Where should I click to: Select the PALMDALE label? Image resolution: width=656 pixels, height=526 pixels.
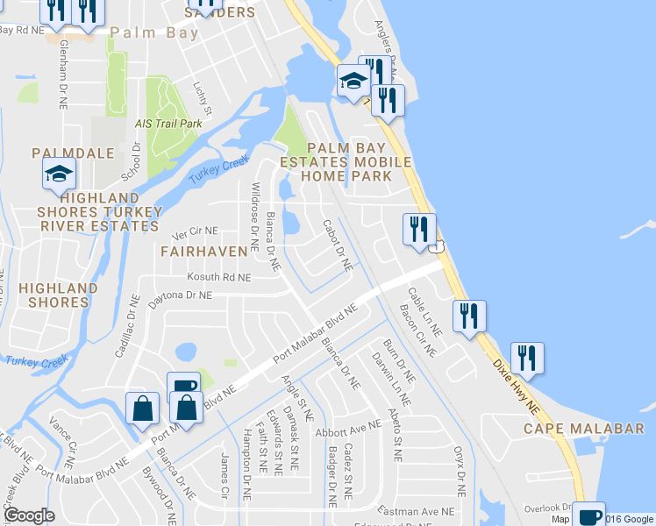point(74,153)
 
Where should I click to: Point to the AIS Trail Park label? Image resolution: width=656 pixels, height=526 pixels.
point(168,124)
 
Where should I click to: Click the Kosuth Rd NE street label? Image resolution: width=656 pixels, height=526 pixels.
point(219,277)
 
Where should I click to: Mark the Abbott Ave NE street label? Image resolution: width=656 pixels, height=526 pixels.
point(348,428)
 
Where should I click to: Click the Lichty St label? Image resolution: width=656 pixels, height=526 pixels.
point(203,99)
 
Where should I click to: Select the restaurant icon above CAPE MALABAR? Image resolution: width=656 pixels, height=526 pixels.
point(527,356)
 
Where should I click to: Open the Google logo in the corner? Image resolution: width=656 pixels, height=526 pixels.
point(29,515)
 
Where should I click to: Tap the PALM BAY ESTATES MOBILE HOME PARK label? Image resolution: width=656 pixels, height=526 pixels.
point(346,161)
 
